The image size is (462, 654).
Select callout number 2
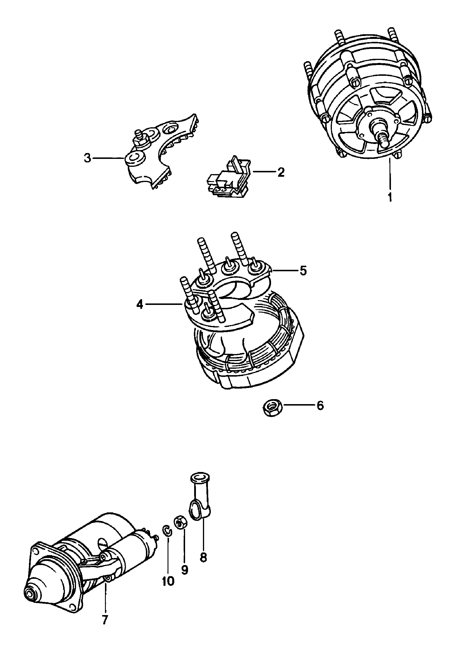click(280, 172)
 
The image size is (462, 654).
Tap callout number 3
click(87, 158)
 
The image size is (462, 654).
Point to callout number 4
click(140, 305)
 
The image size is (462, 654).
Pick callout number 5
click(303, 271)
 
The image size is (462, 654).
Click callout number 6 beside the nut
click(320, 406)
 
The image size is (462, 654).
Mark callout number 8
click(203, 558)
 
